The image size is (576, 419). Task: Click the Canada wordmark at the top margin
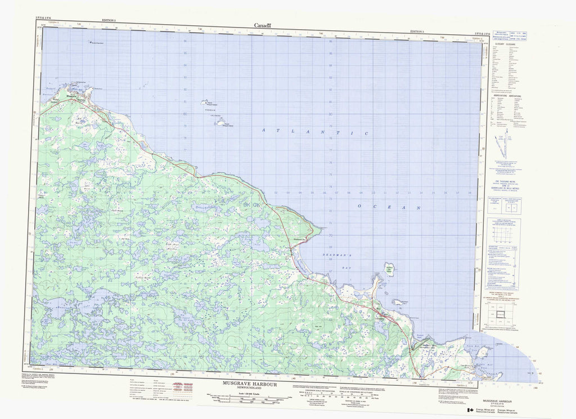click(263, 25)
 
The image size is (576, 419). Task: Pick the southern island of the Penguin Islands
click(222, 121)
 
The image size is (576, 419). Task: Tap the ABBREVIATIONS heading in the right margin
click(505, 96)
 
